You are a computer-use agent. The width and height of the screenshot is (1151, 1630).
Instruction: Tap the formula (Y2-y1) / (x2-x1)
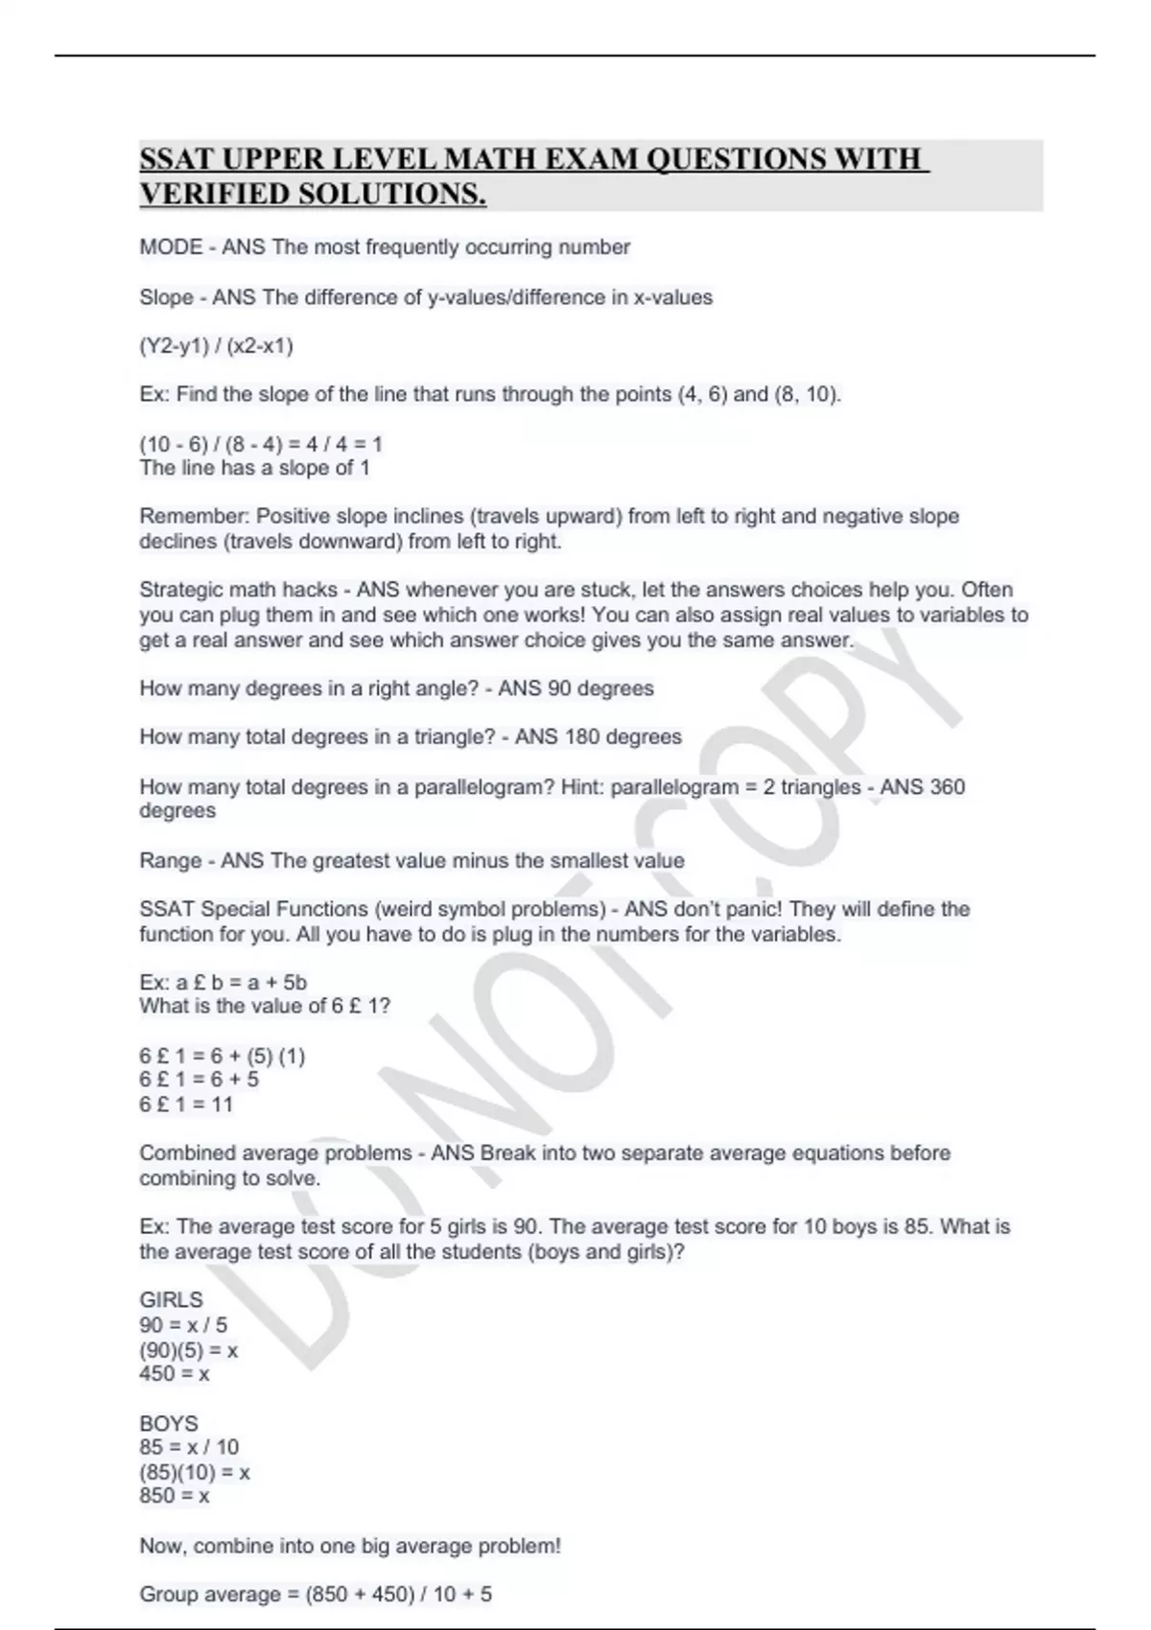point(216,345)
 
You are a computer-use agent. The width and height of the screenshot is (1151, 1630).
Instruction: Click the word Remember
point(194,516)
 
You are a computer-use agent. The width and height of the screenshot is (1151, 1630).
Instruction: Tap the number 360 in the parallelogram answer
point(947,787)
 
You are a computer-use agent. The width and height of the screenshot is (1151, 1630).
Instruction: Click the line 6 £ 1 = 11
point(186,1105)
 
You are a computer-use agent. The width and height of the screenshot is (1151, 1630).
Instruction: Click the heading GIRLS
point(171,1300)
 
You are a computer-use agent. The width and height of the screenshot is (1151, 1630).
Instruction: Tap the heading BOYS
point(169,1424)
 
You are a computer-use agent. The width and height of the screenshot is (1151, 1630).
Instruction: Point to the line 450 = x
point(175,1374)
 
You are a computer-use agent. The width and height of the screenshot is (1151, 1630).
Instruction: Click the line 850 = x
point(175,1496)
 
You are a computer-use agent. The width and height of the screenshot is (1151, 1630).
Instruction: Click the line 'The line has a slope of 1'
point(254,468)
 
